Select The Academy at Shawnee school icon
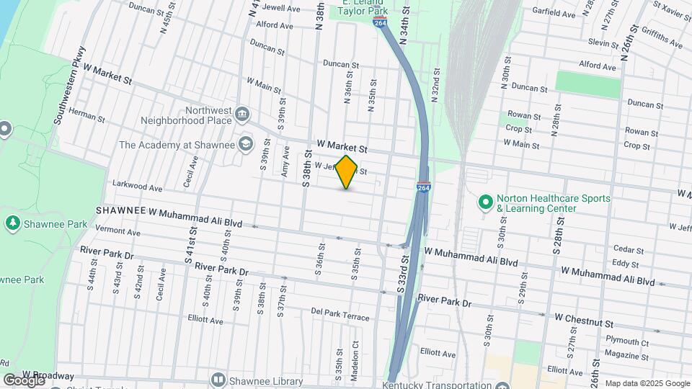pos(245,144)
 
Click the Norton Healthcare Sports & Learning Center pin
pos(485,202)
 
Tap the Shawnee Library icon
pos(218,379)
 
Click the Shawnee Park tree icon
pos(12,224)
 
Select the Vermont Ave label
pos(117,232)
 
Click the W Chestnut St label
pos(583,317)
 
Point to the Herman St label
pos(87,115)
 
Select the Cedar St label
pos(628,249)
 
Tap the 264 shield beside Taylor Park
pos(380,23)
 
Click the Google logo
pos(24,380)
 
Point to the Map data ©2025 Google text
pos(647,383)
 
